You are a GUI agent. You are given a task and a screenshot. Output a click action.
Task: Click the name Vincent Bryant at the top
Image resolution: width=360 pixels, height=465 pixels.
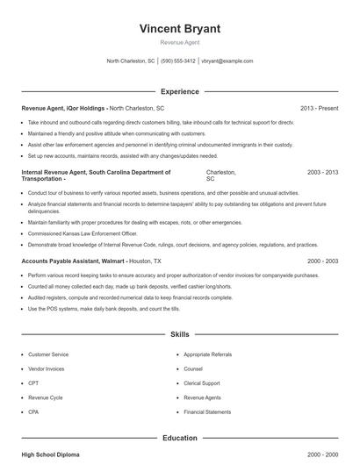(179, 29)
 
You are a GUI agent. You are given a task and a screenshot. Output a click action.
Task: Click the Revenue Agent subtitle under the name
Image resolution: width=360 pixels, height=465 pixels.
(179, 43)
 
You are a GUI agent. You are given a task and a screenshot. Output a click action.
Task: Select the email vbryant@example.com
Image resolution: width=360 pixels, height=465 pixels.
(227, 61)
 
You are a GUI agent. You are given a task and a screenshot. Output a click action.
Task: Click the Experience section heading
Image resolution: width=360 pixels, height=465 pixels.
(179, 91)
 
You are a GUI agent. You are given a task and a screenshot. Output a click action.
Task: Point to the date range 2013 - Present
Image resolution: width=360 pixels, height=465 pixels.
(319, 108)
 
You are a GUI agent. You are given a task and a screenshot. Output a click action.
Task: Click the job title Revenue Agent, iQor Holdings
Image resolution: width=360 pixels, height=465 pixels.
(64, 108)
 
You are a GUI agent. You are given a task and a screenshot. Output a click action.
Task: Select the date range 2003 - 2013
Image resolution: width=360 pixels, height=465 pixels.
(322, 173)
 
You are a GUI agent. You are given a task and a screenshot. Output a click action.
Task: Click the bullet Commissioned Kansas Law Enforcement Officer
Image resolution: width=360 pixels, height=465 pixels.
(82, 233)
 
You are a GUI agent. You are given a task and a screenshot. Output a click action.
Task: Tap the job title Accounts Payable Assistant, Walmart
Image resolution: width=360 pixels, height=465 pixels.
(73, 261)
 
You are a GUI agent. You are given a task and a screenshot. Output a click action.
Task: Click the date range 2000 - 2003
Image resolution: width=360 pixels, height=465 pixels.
(322, 261)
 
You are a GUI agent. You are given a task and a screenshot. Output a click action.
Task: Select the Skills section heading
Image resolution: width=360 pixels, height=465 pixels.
(179, 334)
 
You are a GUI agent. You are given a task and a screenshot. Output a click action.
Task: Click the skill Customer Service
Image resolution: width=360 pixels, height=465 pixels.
(49, 354)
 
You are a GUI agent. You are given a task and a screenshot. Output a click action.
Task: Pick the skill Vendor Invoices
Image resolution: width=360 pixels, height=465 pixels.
(47, 368)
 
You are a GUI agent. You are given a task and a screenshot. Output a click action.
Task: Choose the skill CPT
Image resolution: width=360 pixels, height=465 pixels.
(34, 383)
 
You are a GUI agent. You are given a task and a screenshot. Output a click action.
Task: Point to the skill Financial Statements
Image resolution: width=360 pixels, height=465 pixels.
(207, 411)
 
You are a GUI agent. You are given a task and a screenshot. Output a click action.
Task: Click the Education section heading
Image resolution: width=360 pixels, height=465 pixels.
(179, 437)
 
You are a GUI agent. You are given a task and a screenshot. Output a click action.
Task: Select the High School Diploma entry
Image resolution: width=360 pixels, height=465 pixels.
(52, 455)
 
